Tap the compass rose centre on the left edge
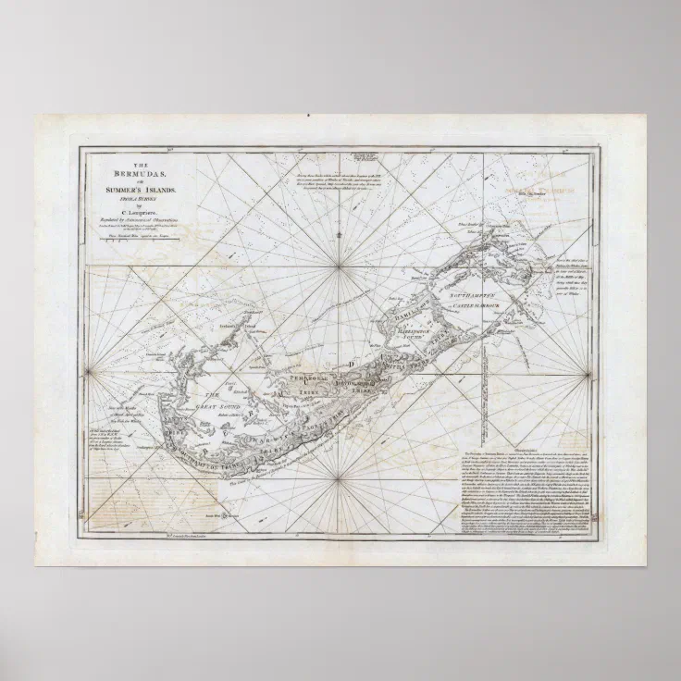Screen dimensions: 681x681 90,373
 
